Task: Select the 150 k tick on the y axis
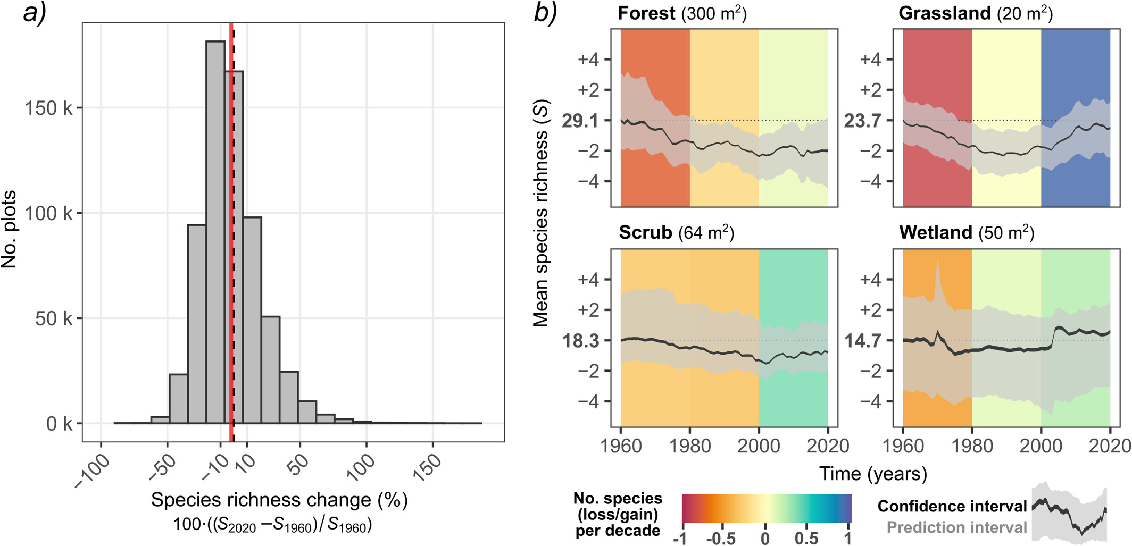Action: pos(48,108)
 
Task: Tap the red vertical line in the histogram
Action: pos(231,266)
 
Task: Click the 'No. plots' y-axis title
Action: pos(9,229)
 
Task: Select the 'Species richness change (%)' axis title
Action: pos(279,500)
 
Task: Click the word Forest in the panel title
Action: pos(646,13)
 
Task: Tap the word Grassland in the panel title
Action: pos(944,13)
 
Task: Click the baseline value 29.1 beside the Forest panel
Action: pos(580,121)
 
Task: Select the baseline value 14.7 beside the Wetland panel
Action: pos(862,341)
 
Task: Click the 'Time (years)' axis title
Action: pos(873,474)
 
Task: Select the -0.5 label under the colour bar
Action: pos(721,538)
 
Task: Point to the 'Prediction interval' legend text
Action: pos(956,527)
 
